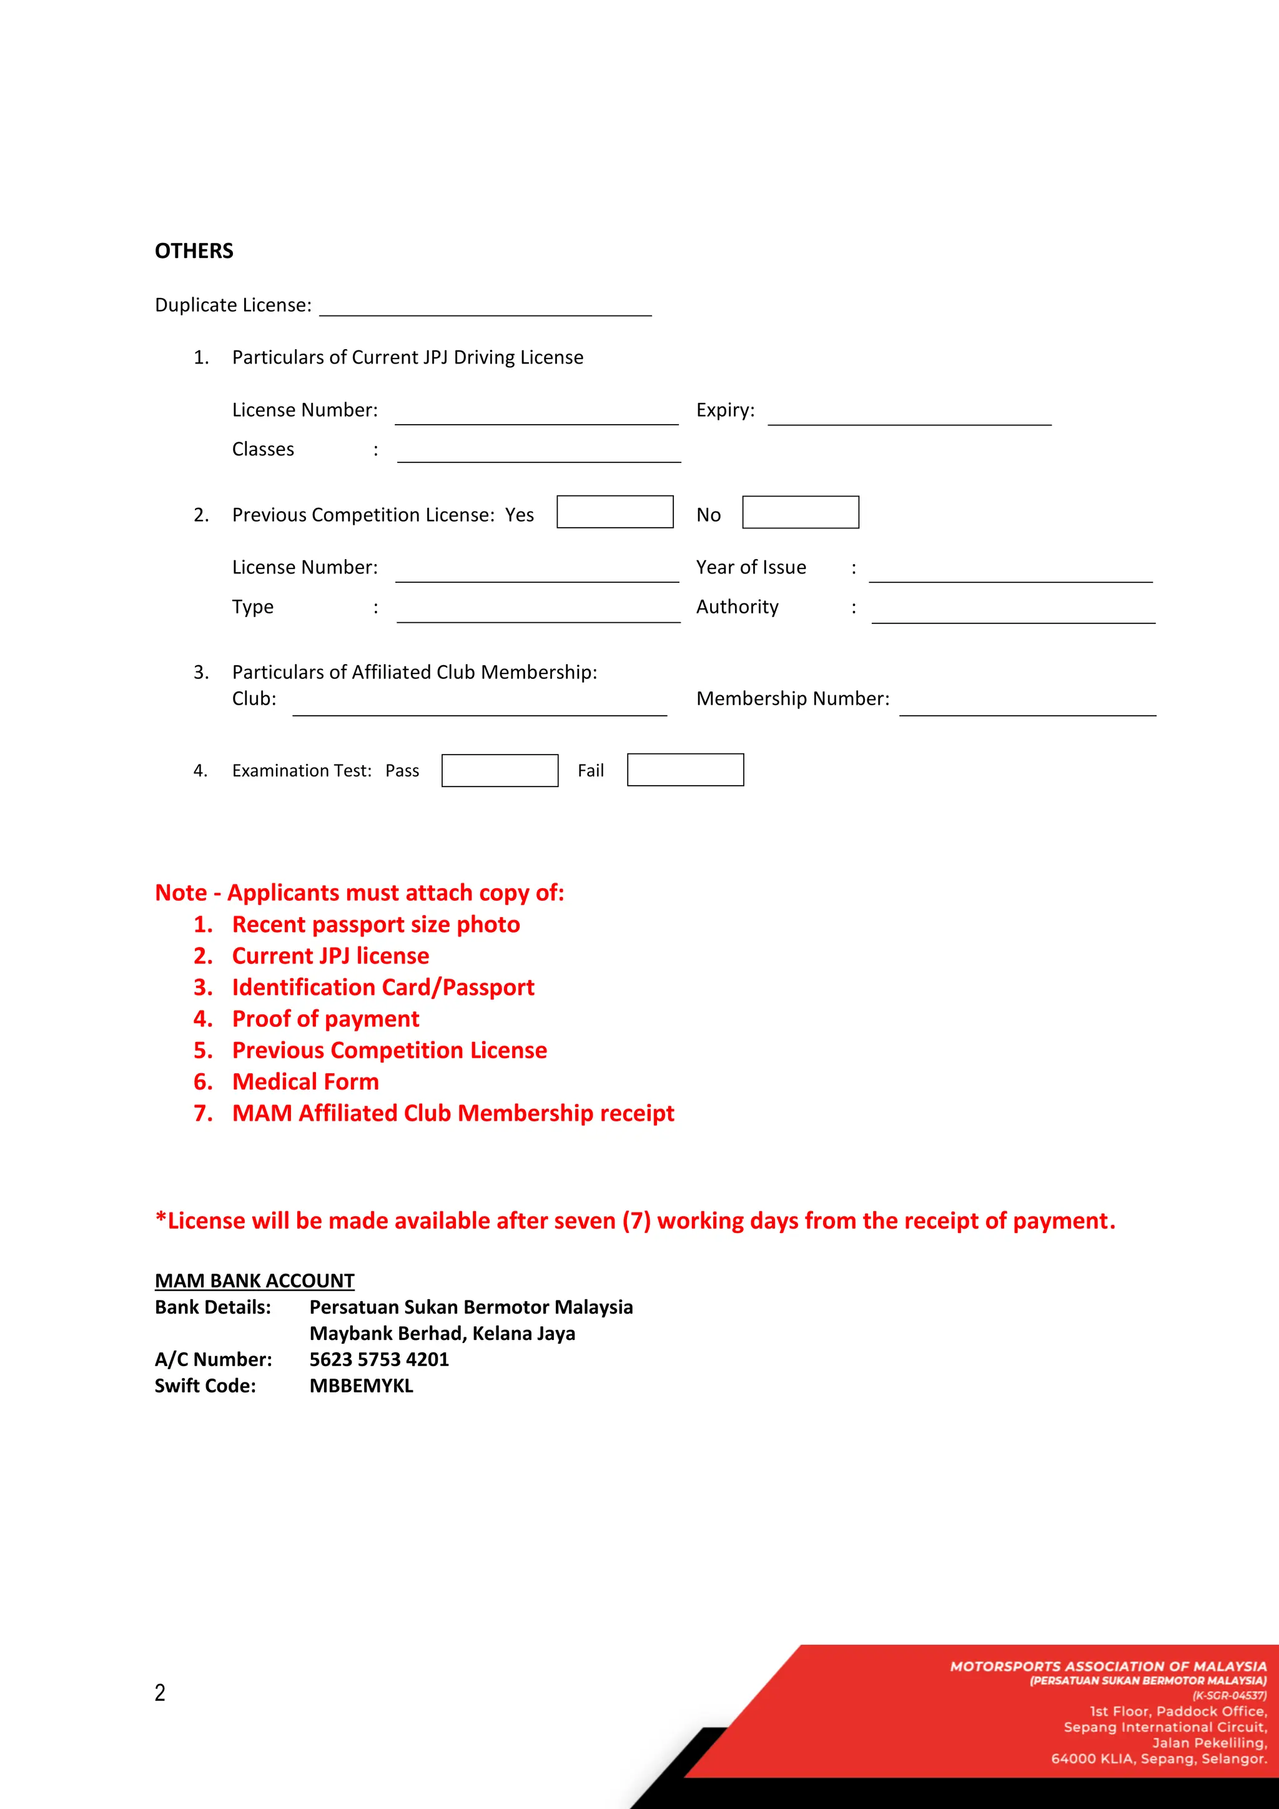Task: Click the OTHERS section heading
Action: [x=194, y=250]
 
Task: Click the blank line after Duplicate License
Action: [x=485, y=308]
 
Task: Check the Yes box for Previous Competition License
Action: [x=615, y=512]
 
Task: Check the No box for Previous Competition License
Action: [x=800, y=512]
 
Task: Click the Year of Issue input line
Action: [x=1010, y=575]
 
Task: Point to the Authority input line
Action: [x=1013, y=615]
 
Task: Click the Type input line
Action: [x=539, y=614]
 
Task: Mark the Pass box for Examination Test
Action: [x=500, y=771]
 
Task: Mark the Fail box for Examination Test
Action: [x=685, y=770]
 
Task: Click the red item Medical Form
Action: [x=305, y=1082]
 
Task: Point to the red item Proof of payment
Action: [x=325, y=1019]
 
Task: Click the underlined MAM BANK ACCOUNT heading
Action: [x=254, y=1281]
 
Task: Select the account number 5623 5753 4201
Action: [x=379, y=1359]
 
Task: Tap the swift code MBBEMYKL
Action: [x=361, y=1386]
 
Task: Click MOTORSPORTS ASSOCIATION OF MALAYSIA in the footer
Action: [x=1107, y=1667]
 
